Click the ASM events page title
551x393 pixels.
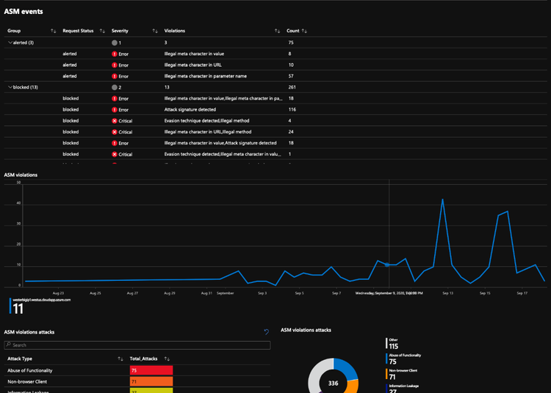(23, 12)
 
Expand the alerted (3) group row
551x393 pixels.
(10, 43)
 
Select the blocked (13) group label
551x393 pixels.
(26, 87)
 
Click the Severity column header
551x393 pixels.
(120, 31)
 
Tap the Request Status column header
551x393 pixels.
(78, 31)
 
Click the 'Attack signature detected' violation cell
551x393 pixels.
(193, 109)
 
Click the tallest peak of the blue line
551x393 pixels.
(442, 199)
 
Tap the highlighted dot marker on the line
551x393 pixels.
(387, 265)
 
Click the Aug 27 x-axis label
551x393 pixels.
(132, 293)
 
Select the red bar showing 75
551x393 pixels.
(151, 371)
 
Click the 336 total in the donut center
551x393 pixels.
(332, 383)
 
